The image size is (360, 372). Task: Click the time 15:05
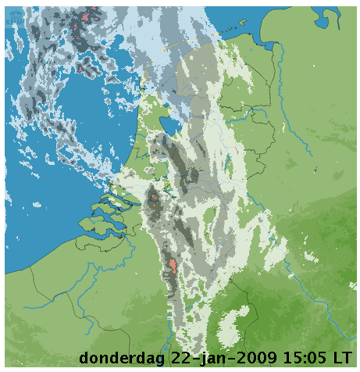coord(305,358)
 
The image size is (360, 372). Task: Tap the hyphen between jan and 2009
coord(229,359)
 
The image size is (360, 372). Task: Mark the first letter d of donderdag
coord(84,358)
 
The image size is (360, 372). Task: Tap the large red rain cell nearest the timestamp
coord(173,266)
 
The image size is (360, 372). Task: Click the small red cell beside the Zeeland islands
coord(154,197)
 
